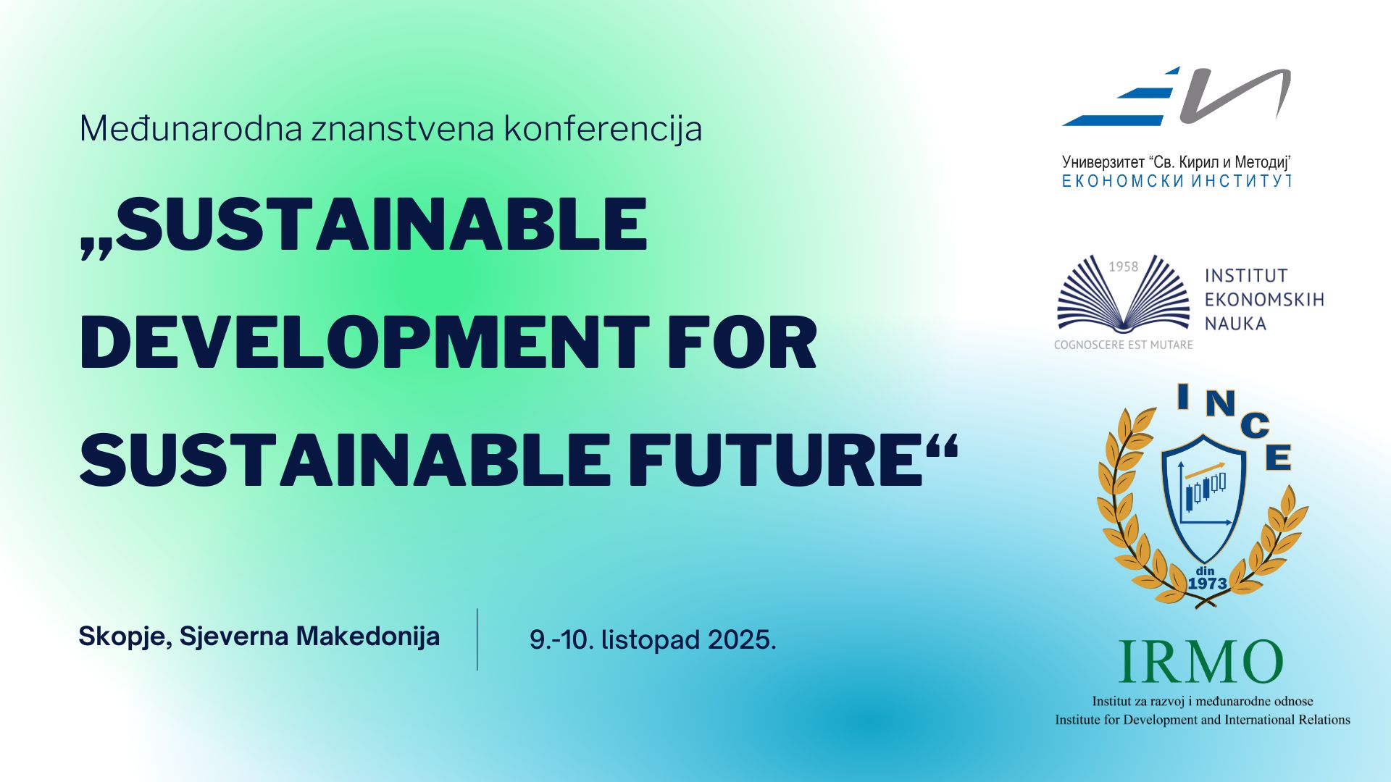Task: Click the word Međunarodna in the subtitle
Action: click(191, 129)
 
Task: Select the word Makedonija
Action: click(368, 636)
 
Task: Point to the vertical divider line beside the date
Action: click(477, 639)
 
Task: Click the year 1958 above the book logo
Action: click(1124, 267)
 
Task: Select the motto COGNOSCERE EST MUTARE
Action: click(1123, 345)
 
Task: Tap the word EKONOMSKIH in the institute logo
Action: click(1264, 300)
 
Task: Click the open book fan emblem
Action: click(1124, 294)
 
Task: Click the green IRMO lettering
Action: click(1200, 663)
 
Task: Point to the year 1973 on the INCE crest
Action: click(1207, 584)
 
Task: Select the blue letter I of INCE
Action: click(1183, 397)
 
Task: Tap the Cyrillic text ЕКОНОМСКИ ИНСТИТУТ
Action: click(1177, 181)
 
